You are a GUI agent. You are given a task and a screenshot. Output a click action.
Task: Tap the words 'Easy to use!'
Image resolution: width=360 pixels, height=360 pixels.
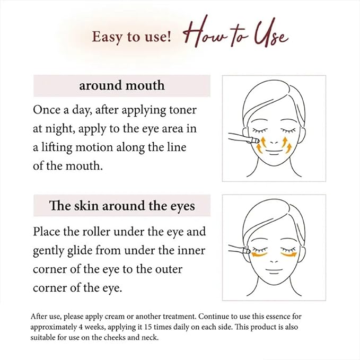point(131,37)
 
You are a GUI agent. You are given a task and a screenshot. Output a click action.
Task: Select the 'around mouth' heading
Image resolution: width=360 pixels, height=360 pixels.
point(122,85)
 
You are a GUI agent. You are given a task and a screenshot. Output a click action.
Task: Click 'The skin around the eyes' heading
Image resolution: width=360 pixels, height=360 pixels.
point(122,206)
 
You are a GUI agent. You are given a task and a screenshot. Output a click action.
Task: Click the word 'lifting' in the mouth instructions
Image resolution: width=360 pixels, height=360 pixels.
point(57,147)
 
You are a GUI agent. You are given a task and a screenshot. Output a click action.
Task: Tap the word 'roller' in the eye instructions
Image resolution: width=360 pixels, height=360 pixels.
point(96,232)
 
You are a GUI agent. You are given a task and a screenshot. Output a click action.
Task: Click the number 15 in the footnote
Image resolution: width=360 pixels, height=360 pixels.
point(149,327)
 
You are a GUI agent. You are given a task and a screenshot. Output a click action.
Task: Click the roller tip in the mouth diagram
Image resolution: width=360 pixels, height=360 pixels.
point(256,140)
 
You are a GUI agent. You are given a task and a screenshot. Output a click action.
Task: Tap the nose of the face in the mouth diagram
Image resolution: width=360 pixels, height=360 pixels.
point(274,143)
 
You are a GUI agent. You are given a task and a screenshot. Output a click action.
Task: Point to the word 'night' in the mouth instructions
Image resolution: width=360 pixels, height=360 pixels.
point(59,129)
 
